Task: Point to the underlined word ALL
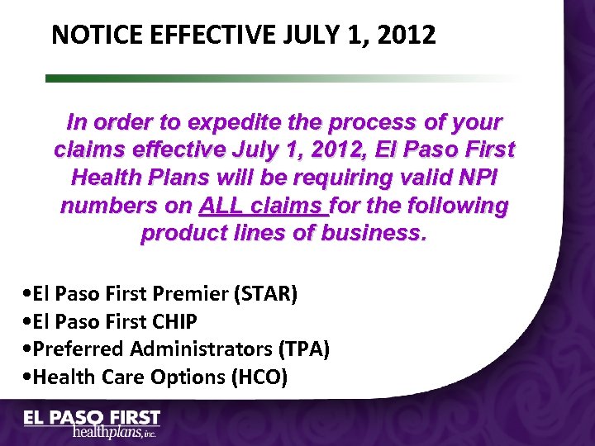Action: click(221, 206)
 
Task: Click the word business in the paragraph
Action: click(374, 233)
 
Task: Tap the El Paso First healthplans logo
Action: click(91, 424)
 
